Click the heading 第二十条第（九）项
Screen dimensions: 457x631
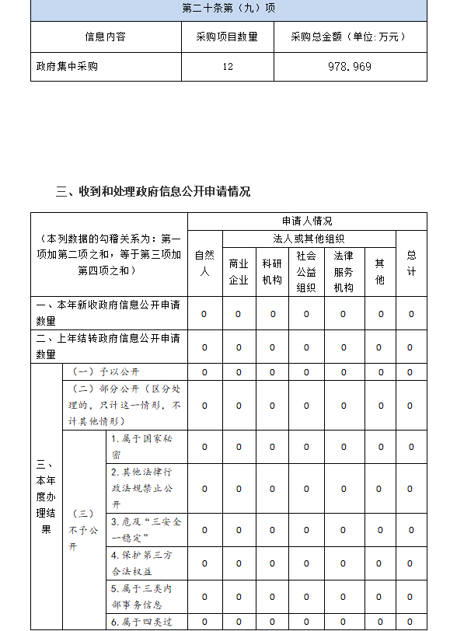pyautogui.click(x=228, y=9)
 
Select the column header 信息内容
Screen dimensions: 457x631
pyautogui.click(x=105, y=37)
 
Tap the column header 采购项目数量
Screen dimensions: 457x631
pyautogui.click(x=227, y=37)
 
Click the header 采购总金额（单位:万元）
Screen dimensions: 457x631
pyautogui.click(x=350, y=37)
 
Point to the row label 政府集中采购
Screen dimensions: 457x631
pyautogui.click(x=68, y=67)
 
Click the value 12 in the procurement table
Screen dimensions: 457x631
pyautogui.click(x=227, y=67)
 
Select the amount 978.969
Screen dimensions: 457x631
pyautogui.click(x=350, y=67)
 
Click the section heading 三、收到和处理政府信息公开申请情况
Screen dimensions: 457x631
pyautogui.click(x=153, y=191)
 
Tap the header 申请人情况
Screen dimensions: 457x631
pyautogui.click(x=306, y=221)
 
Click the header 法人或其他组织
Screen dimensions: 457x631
pyautogui.click(x=309, y=239)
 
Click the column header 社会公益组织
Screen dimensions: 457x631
pyautogui.click(x=306, y=271)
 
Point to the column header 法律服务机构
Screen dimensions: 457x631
pyautogui.click(x=344, y=271)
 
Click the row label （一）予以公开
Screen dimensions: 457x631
pyautogui.click(x=106, y=372)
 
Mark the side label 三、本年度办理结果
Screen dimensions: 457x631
pyautogui.click(x=46, y=497)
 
